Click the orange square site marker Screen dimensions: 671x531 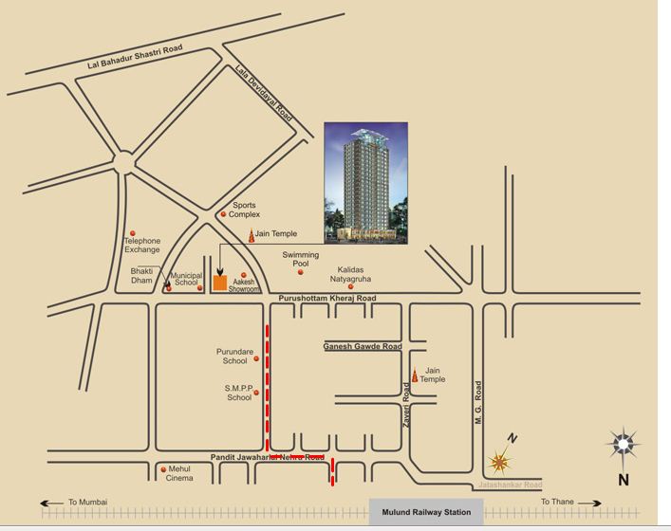point(219,282)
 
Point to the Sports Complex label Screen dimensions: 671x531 point(244,210)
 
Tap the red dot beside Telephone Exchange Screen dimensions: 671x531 point(133,232)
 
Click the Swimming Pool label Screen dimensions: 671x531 point(301,260)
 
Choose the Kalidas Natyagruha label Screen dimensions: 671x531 point(350,275)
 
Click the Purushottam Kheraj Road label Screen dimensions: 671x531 point(326,299)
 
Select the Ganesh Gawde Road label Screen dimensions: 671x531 point(363,347)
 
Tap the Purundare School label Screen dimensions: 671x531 point(235,356)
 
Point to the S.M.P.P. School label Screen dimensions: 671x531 point(238,393)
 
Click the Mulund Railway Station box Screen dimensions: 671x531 point(426,512)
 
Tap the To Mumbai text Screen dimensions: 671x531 point(87,502)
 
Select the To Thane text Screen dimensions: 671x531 point(558,502)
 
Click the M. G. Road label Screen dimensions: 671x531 point(479,402)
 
